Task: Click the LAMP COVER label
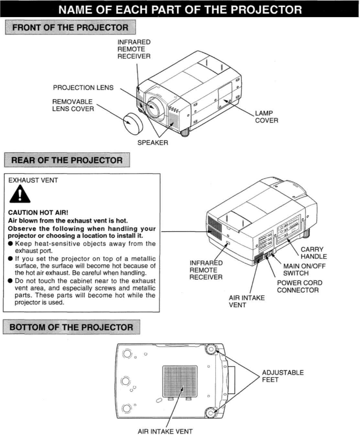266,117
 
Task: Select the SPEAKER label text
153,143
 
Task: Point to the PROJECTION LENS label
83,88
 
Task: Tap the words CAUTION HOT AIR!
38,212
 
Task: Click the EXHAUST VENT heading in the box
33,180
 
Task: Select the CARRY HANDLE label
313,253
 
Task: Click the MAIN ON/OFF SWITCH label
304,269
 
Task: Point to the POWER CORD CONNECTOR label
299,286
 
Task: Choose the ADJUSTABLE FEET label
282,376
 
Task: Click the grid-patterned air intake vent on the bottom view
180,381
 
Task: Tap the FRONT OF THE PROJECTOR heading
70,27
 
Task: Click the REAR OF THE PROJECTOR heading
67,160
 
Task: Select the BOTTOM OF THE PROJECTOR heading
71,327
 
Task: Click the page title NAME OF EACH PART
180,9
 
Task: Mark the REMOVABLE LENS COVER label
73,105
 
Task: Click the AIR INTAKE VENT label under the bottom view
165,431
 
